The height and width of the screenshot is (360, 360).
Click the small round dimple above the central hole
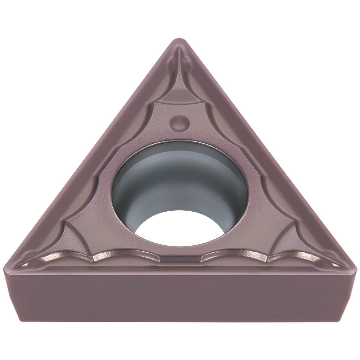[x=179, y=123]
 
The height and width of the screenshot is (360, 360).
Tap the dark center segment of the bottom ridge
[x=180, y=258]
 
